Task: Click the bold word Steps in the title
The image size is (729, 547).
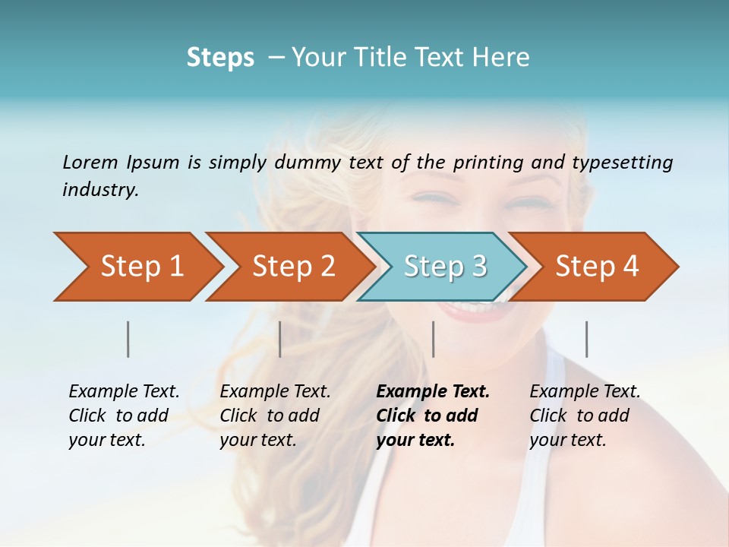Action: [220, 58]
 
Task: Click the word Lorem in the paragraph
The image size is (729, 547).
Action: [90, 162]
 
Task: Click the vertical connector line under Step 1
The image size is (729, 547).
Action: [128, 339]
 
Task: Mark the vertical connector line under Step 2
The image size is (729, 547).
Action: [280, 339]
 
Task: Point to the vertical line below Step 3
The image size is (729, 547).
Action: [433, 339]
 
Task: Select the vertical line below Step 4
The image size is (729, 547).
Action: [586, 339]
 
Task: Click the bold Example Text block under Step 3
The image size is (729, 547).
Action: [432, 416]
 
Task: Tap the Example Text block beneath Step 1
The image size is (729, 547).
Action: [124, 416]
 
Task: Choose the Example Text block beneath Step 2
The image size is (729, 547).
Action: [275, 416]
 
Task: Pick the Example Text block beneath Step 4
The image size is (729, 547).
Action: [585, 416]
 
